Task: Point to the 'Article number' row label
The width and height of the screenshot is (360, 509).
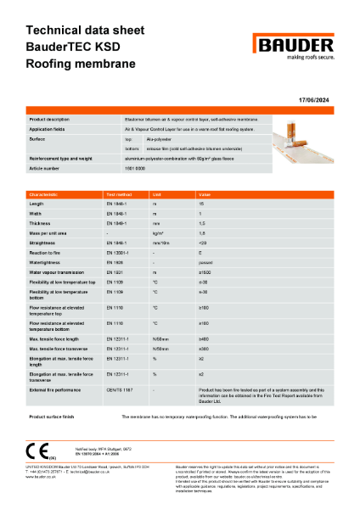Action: tap(47, 169)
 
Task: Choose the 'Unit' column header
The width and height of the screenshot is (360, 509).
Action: tap(157, 194)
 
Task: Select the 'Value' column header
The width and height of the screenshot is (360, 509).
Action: tap(205, 194)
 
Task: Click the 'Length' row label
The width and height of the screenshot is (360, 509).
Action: tap(37, 204)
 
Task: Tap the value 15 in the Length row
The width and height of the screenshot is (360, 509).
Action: tap(201, 204)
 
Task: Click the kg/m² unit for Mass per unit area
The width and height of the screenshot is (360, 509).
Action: tap(158, 232)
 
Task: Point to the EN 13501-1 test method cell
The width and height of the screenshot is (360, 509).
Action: tap(119, 252)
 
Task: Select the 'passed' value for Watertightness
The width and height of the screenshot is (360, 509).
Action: tap(206, 261)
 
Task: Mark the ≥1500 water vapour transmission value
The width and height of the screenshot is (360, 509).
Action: tap(205, 271)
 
